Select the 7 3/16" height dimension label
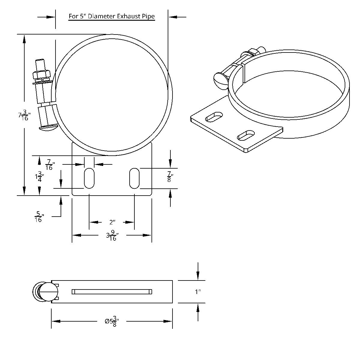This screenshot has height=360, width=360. click(x=24, y=115)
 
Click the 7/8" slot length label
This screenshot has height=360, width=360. click(x=170, y=176)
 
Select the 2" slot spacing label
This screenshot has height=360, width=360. click(x=112, y=222)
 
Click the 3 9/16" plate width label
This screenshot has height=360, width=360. click(x=112, y=235)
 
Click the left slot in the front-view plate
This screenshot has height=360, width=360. click(x=89, y=178)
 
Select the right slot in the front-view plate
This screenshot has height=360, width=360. click(x=134, y=178)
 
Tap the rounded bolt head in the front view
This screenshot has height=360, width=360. click(x=48, y=128)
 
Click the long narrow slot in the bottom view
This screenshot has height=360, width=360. click(x=112, y=292)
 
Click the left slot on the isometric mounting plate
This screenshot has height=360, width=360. click(x=214, y=117)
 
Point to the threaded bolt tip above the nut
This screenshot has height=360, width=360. click(x=40, y=64)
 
